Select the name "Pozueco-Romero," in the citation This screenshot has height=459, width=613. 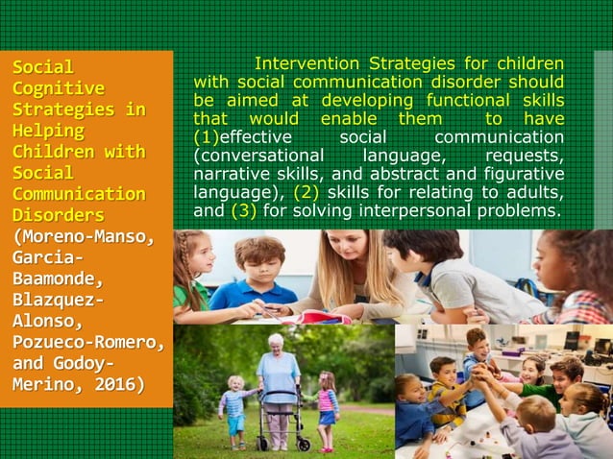(x=87, y=343)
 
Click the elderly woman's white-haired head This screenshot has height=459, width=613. (x=277, y=342)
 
